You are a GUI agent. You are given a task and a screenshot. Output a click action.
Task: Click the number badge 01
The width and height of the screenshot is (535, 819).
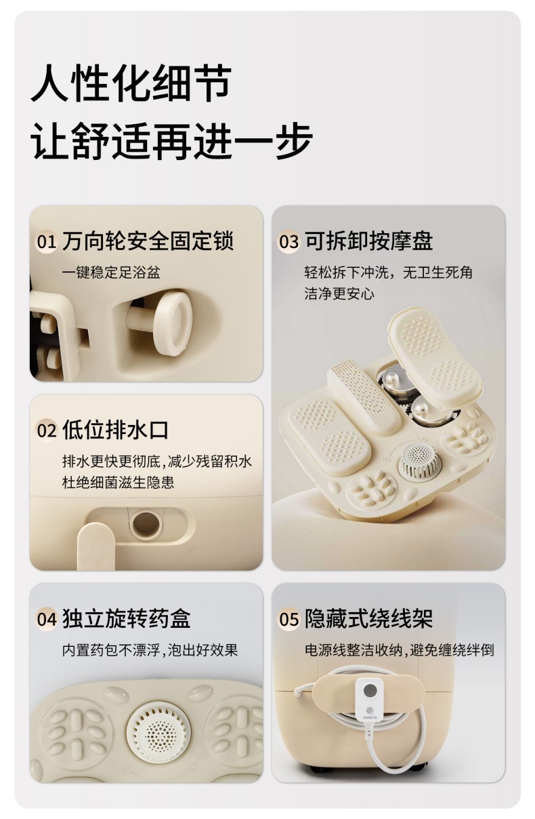pyautogui.click(x=46, y=241)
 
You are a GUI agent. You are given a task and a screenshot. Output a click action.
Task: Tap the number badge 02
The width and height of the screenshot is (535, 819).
pyautogui.click(x=46, y=431)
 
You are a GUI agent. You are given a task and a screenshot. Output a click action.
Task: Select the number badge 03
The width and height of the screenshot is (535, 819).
pyautogui.click(x=288, y=241)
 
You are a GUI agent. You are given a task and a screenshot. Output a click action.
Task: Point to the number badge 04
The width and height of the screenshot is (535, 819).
pyautogui.click(x=46, y=619)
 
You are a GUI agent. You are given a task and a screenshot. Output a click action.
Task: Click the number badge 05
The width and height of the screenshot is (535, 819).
pyautogui.click(x=288, y=619)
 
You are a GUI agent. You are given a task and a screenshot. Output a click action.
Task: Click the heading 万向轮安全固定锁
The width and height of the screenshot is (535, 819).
pyautogui.click(x=148, y=241)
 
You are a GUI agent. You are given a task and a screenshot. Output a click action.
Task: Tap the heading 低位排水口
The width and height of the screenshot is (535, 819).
pyautogui.click(x=115, y=430)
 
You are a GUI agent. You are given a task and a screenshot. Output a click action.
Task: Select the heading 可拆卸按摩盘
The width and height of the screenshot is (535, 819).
pyautogui.click(x=369, y=241)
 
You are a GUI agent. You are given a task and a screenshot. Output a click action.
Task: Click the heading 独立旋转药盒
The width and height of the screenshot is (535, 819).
pyautogui.click(x=127, y=618)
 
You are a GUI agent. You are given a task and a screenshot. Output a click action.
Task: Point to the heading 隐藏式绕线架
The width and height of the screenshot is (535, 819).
pyautogui.click(x=369, y=618)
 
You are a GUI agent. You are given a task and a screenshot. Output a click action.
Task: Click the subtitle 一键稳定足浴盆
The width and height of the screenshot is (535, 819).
pyautogui.click(x=111, y=273)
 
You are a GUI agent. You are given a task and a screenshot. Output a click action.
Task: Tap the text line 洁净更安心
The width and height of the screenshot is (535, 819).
pyautogui.click(x=339, y=294)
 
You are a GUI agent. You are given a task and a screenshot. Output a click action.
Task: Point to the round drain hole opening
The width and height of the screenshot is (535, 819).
pyautogui.click(x=146, y=525)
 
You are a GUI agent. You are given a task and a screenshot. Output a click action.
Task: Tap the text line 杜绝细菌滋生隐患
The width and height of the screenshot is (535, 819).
pyautogui.click(x=118, y=482)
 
